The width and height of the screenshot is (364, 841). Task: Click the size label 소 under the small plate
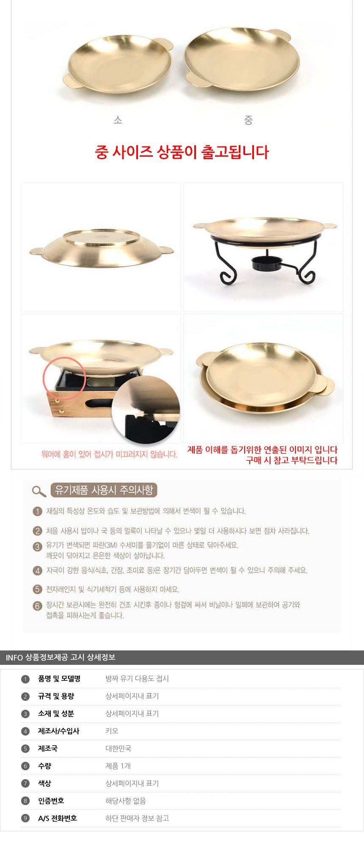tap(118, 120)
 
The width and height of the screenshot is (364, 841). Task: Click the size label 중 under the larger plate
tap(248, 120)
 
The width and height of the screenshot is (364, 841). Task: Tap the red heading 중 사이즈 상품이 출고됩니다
tap(182, 152)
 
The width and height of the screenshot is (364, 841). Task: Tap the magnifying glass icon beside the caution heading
tap(39, 491)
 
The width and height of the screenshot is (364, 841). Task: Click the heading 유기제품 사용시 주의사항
tap(104, 490)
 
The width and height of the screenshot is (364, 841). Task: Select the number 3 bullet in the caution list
tap(38, 546)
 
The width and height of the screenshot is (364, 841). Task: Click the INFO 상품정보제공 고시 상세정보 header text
tap(61, 657)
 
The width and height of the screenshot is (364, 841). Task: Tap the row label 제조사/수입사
tap(58, 731)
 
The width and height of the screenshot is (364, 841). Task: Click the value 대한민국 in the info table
tap(119, 748)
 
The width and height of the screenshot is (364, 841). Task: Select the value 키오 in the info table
tap(112, 731)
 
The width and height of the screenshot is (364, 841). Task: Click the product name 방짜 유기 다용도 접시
tap(137, 678)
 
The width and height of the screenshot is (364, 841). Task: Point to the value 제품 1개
tap(118, 766)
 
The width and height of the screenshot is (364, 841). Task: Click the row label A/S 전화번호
tap(58, 818)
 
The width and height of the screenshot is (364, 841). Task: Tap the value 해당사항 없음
tap(126, 801)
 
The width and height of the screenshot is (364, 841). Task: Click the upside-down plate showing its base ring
tap(102, 249)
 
